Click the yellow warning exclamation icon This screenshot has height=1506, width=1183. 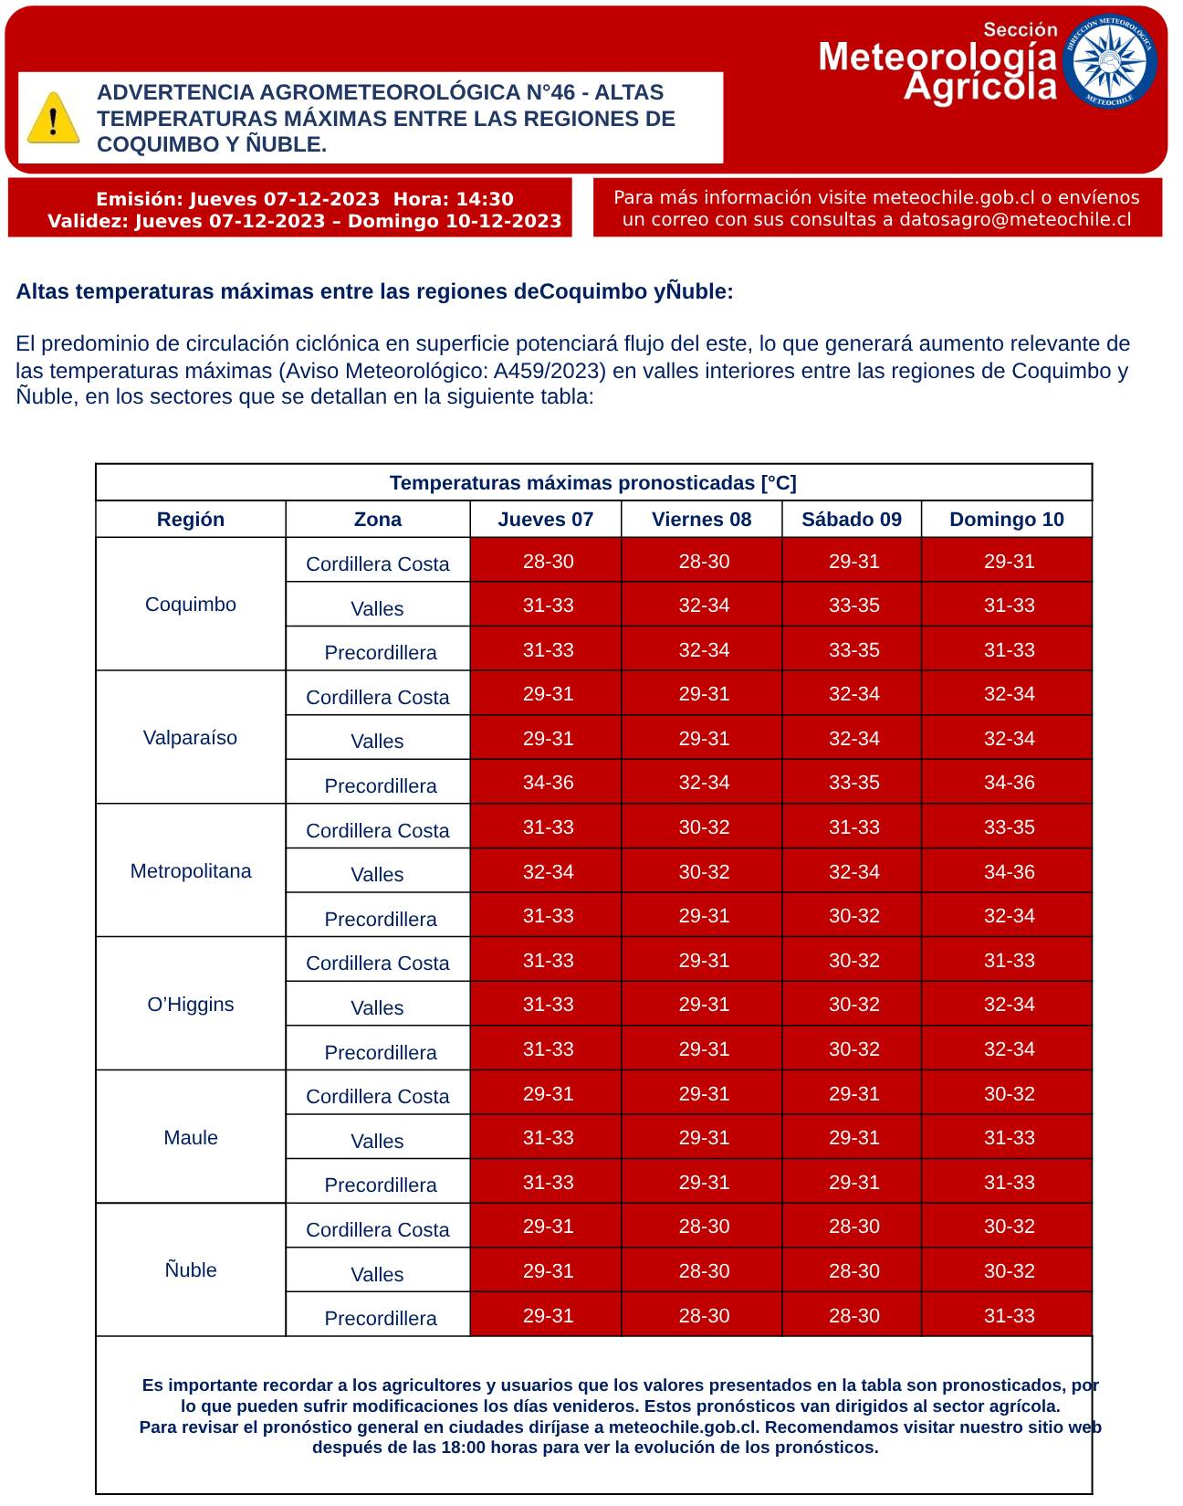click(x=53, y=118)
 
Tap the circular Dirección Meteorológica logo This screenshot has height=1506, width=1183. click(x=1113, y=61)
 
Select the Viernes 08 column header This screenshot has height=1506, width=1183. click(x=701, y=520)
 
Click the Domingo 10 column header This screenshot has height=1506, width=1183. click(x=1006, y=520)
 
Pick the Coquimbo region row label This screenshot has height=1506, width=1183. click(x=191, y=605)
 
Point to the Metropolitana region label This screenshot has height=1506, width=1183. click(x=191, y=871)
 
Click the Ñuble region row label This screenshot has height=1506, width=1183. click(x=191, y=1270)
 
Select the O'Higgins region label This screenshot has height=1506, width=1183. click(x=191, y=1005)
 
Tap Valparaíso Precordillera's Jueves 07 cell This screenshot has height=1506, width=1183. click(x=548, y=783)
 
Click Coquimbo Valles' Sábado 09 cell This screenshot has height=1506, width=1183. click(x=853, y=606)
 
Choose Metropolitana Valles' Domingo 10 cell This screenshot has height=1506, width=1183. click(x=1009, y=872)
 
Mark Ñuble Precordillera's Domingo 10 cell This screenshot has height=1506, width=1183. click(x=1009, y=1316)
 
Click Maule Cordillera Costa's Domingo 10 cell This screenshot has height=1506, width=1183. click(x=1009, y=1094)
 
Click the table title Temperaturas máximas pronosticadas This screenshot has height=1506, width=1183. click(x=592, y=483)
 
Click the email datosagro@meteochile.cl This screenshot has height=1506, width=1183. click(x=1015, y=220)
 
